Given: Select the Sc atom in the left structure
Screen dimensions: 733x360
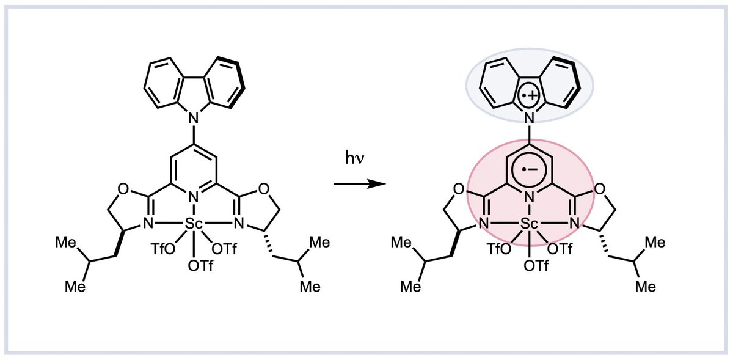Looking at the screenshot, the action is (x=194, y=225).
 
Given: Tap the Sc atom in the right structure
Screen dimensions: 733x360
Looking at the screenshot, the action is (x=530, y=225).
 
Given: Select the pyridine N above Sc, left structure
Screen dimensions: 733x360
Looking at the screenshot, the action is (x=194, y=197).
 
